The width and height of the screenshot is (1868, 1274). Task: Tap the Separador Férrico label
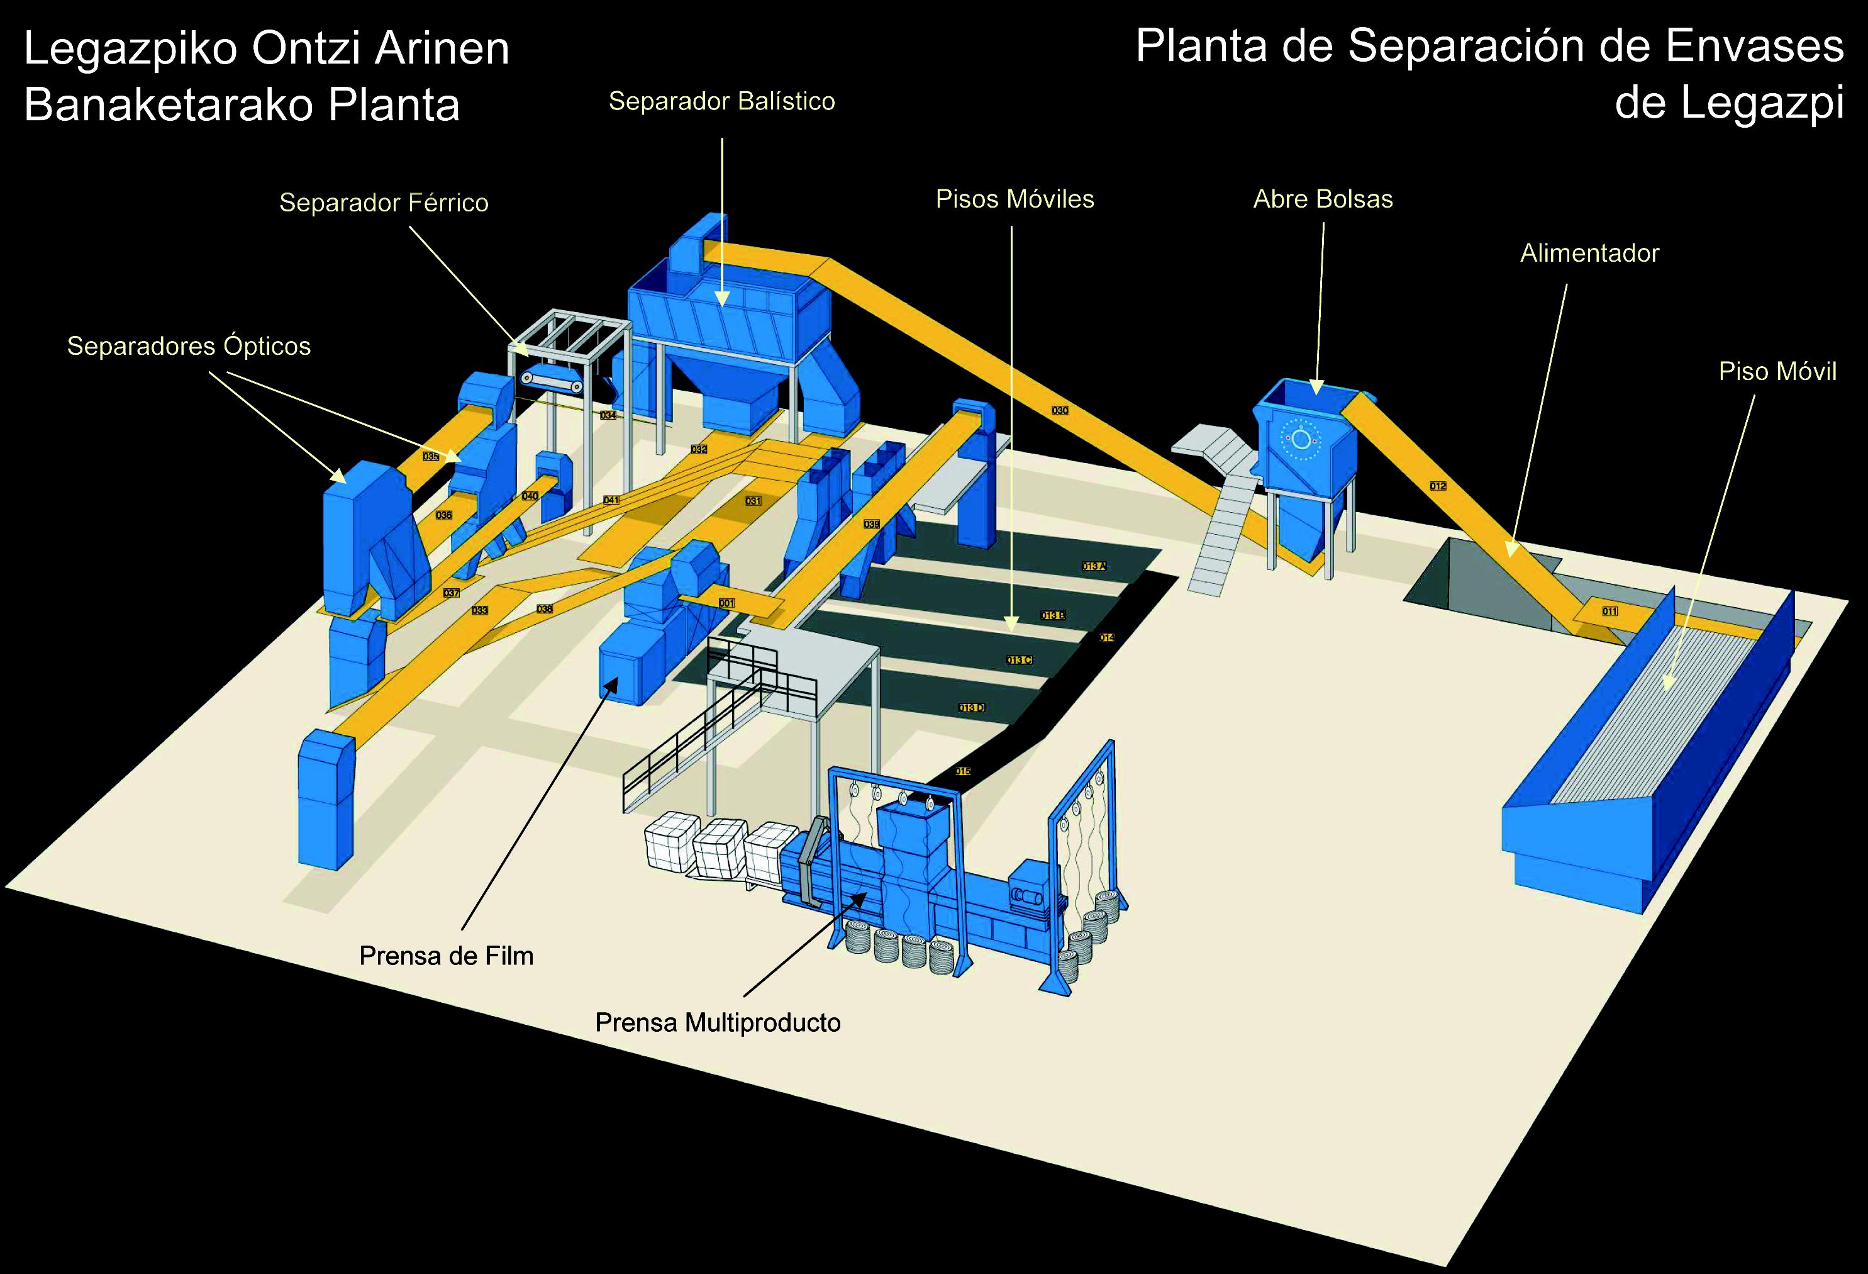(x=384, y=203)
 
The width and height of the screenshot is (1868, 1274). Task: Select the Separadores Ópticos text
(x=189, y=347)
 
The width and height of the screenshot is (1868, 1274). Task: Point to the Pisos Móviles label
(x=1015, y=199)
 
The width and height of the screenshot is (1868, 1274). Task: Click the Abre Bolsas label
(x=1322, y=199)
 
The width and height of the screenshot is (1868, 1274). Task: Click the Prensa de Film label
(x=446, y=956)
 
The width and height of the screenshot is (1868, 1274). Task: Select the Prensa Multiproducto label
(x=718, y=1022)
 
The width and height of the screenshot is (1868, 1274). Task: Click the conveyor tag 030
(x=1060, y=411)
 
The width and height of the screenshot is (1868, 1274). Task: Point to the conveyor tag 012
(x=1438, y=486)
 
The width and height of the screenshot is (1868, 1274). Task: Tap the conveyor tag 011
(x=1609, y=612)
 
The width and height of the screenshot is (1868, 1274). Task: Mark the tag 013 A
(x=1094, y=567)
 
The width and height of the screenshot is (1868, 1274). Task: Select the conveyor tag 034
(x=608, y=416)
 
